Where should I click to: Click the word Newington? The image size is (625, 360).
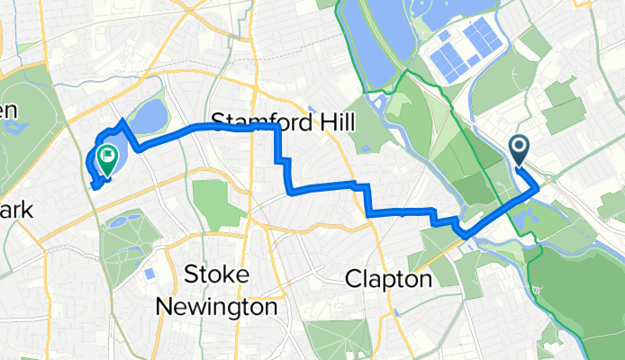coord(216,306)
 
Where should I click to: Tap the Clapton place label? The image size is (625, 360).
coord(389,280)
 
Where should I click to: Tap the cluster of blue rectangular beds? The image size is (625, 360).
coord(467,50)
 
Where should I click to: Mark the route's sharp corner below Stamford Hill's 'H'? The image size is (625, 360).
coord(276,128)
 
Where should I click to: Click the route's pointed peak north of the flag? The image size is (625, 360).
coord(123,120)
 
